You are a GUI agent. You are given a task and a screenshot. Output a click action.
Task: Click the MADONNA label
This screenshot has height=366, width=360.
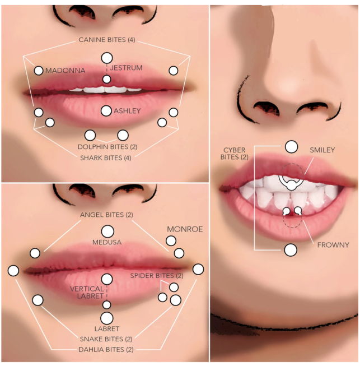click(x=66, y=71)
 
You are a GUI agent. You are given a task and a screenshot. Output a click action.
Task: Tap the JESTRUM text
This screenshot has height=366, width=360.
click(x=126, y=68)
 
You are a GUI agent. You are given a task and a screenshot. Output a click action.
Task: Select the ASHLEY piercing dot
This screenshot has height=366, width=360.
click(x=106, y=111)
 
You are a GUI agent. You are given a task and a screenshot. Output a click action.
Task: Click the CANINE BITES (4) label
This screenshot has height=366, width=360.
click(x=107, y=40)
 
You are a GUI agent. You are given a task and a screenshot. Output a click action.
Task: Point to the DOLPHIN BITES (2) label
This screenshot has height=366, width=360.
click(x=107, y=147)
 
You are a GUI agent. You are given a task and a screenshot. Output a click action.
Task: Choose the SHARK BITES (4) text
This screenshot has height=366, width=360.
click(x=106, y=158)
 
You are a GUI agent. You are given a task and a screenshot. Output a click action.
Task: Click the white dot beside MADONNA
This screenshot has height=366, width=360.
click(x=39, y=71)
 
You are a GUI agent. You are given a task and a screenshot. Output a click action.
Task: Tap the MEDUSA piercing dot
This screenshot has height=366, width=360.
click(x=107, y=231)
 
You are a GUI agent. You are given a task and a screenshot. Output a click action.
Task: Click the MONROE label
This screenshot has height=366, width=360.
click(x=185, y=229)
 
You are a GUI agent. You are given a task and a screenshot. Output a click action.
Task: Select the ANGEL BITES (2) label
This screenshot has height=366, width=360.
click(x=106, y=215)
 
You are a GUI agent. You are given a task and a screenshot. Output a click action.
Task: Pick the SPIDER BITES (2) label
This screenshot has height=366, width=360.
click(x=157, y=276)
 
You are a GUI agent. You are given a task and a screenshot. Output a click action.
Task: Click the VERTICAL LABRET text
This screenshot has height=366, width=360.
click(x=87, y=293)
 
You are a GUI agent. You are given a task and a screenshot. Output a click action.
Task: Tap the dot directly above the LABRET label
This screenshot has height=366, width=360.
click(x=107, y=318)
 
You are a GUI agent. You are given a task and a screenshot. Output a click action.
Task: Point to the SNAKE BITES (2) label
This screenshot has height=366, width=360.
click(x=106, y=339)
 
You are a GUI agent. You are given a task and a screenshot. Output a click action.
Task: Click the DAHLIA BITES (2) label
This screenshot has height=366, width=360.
click(x=106, y=349)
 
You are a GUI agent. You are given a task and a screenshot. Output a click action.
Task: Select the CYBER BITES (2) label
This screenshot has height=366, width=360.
click(x=235, y=154)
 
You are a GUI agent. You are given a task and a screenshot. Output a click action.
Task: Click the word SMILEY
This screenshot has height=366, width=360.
click(x=322, y=150)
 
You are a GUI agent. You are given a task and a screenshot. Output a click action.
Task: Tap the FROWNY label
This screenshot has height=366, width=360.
click(x=333, y=245)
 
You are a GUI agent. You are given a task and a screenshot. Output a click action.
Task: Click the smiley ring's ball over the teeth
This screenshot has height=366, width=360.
click(x=291, y=185)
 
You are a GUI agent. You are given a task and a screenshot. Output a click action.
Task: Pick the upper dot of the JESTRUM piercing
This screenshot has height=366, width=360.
click(x=107, y=58)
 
